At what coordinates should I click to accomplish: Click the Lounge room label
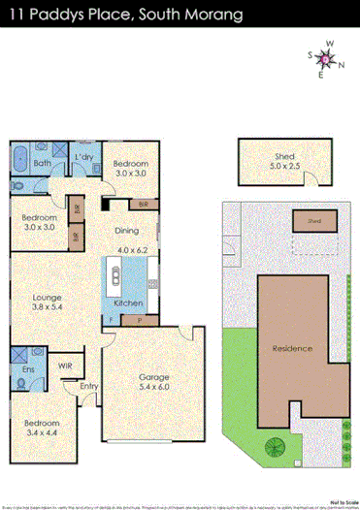(x=48, y=298)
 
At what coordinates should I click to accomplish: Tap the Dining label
(x=127, y=231)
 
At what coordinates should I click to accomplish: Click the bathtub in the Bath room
(x=20, y=155)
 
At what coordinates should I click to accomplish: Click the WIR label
(x=65, y=365)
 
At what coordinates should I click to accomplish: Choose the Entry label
(x=89, y=387)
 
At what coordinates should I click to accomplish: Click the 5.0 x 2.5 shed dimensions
(x=284, y=166)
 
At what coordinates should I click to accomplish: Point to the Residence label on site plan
(x=291, y=348)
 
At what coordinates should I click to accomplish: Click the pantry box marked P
(x=140, y=319)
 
